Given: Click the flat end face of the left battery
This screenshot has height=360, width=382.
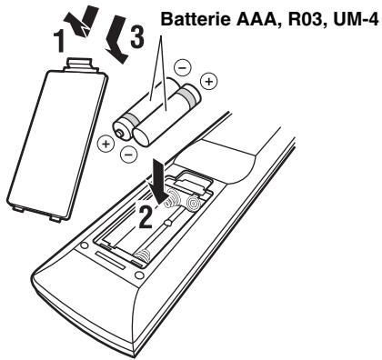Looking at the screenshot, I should click(121, 129).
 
